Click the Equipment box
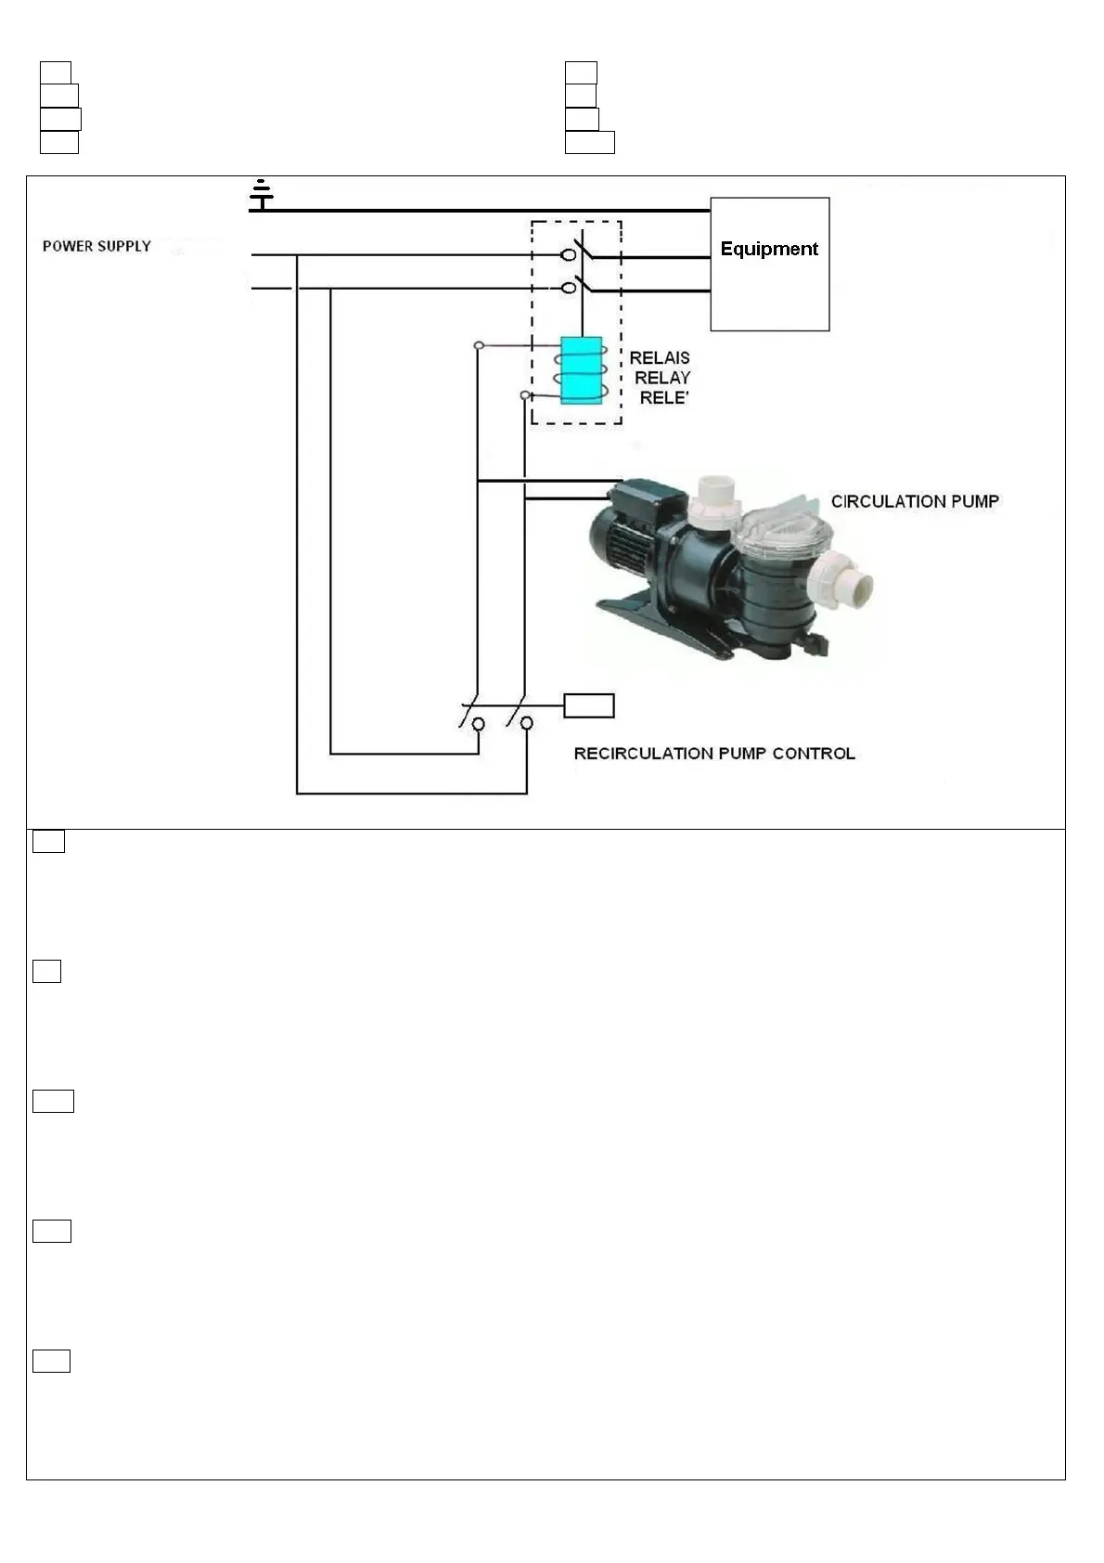pos(769,264)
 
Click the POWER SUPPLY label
pos(96,246)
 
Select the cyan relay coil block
pos(581,370)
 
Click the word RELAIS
pos(660,357)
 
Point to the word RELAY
pos(662,378)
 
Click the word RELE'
pos(664,398)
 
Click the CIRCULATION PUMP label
pos(915,501)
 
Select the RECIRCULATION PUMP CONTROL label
pos(714,754)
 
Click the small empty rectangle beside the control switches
pos(589,706)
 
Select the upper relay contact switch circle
pos(569,254)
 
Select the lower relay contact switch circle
pos(569,288)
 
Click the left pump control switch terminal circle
pos(479,723)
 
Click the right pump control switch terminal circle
pos(526,723)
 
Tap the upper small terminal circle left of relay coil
pos(479,346)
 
